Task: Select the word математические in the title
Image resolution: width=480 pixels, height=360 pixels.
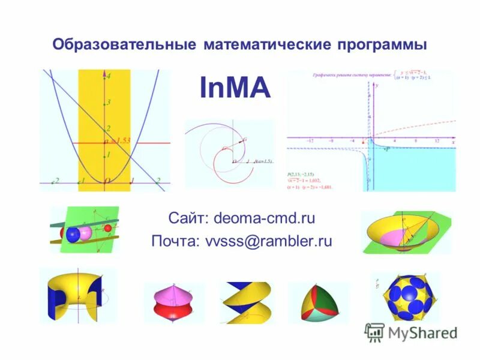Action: [270, 45]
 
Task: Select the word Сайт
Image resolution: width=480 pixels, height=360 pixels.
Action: [188, 218]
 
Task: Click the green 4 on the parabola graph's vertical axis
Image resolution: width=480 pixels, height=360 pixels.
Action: [109, 76]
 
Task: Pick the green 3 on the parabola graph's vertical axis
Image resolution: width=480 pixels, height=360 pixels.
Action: [109, 103]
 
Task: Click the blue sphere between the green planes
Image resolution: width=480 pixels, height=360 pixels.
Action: [73, 234]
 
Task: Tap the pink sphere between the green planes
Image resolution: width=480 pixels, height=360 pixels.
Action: [86, 232]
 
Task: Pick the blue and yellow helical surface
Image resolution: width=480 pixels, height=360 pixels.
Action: [244, 302]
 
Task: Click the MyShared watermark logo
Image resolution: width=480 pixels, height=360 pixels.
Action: [412, 332]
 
